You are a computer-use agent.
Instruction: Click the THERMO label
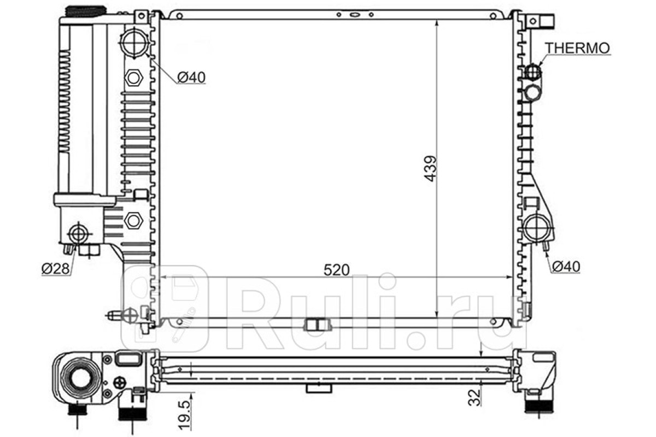577,48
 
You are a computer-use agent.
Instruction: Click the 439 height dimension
431,169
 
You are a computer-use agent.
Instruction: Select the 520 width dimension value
337,270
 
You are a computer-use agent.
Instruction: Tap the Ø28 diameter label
56,268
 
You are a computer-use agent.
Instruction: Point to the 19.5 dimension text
185,415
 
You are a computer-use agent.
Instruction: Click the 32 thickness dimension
475,398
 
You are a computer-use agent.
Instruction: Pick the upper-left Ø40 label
191,77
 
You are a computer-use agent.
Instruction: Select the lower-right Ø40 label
566,267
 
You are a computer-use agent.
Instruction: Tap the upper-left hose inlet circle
134,43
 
